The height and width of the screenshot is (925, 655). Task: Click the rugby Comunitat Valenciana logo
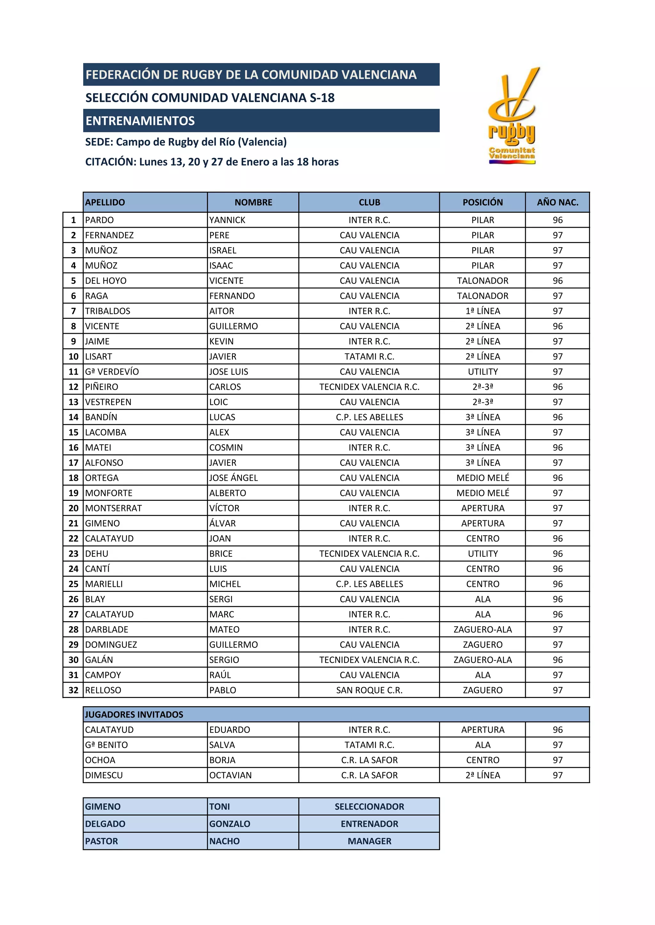512,117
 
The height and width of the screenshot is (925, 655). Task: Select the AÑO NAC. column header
557,202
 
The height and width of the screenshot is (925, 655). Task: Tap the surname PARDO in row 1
99,220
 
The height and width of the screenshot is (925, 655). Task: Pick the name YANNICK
227,220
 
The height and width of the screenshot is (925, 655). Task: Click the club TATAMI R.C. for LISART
369,356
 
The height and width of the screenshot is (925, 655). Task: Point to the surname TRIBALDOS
108,311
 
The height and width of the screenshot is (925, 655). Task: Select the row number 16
74,447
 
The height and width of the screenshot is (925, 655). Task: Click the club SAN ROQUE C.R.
369,690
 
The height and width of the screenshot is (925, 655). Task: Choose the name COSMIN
226,447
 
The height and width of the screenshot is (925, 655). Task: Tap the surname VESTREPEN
108,402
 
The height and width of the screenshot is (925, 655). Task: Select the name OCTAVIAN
230,775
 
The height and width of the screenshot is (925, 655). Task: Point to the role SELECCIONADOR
369,807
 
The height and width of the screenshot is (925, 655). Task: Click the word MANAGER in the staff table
369,841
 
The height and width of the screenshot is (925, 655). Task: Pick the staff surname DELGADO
105,824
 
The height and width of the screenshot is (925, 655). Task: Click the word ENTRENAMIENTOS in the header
140,120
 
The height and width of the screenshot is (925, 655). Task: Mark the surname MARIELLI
104,584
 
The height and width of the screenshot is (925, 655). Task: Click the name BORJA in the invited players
222,760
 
